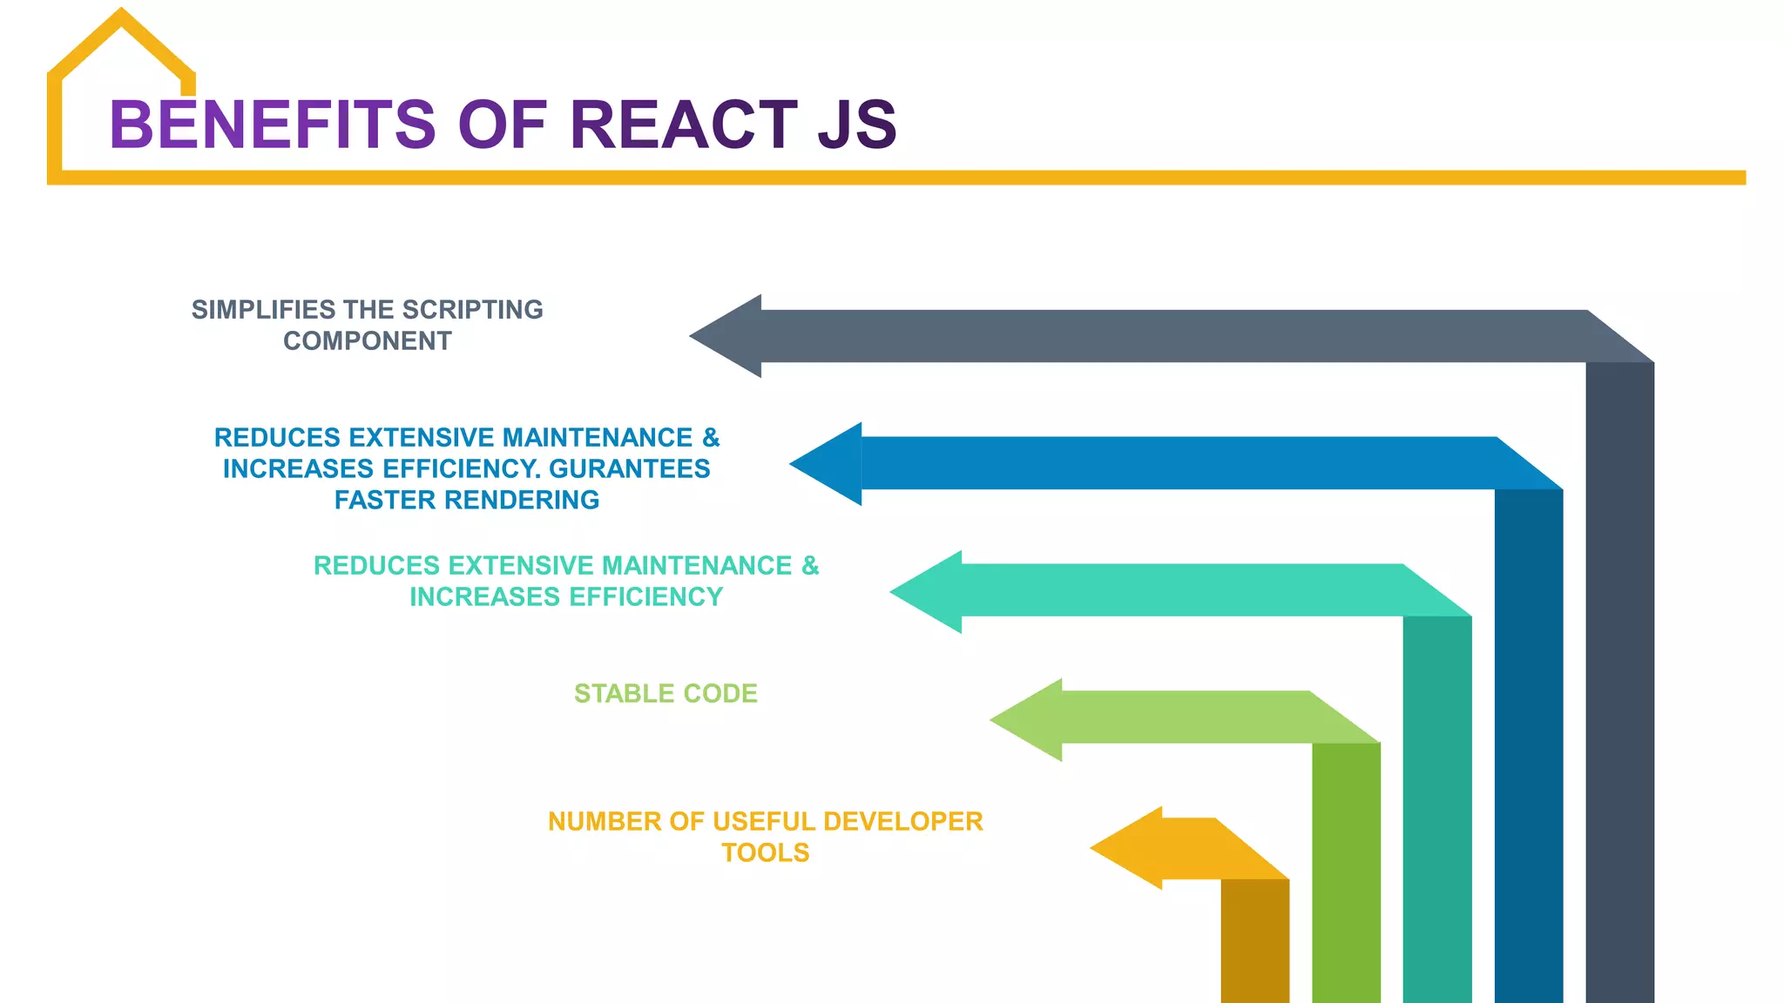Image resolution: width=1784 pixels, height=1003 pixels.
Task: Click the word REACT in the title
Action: (x=683, y=125)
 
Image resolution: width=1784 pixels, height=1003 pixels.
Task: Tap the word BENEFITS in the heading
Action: (x=272, y=125)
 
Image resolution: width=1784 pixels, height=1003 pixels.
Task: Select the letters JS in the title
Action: (x=857, y=125)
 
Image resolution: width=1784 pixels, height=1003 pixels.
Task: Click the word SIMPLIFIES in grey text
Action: (x=263, y=310)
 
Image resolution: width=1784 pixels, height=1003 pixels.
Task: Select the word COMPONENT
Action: (x=367, y=341)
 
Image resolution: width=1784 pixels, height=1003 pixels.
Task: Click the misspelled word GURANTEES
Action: (x=629, y=469)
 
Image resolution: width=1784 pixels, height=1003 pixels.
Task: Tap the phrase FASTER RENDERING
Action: (x=467, y=501)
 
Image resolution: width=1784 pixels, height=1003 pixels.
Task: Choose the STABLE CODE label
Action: (x=666, y=694)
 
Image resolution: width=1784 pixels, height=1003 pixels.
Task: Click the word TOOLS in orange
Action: (x=765, y=853)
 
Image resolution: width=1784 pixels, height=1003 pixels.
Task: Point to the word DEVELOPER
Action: (x=902, y=822)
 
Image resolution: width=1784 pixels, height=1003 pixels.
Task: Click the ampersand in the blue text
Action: (x=711, y=438)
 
